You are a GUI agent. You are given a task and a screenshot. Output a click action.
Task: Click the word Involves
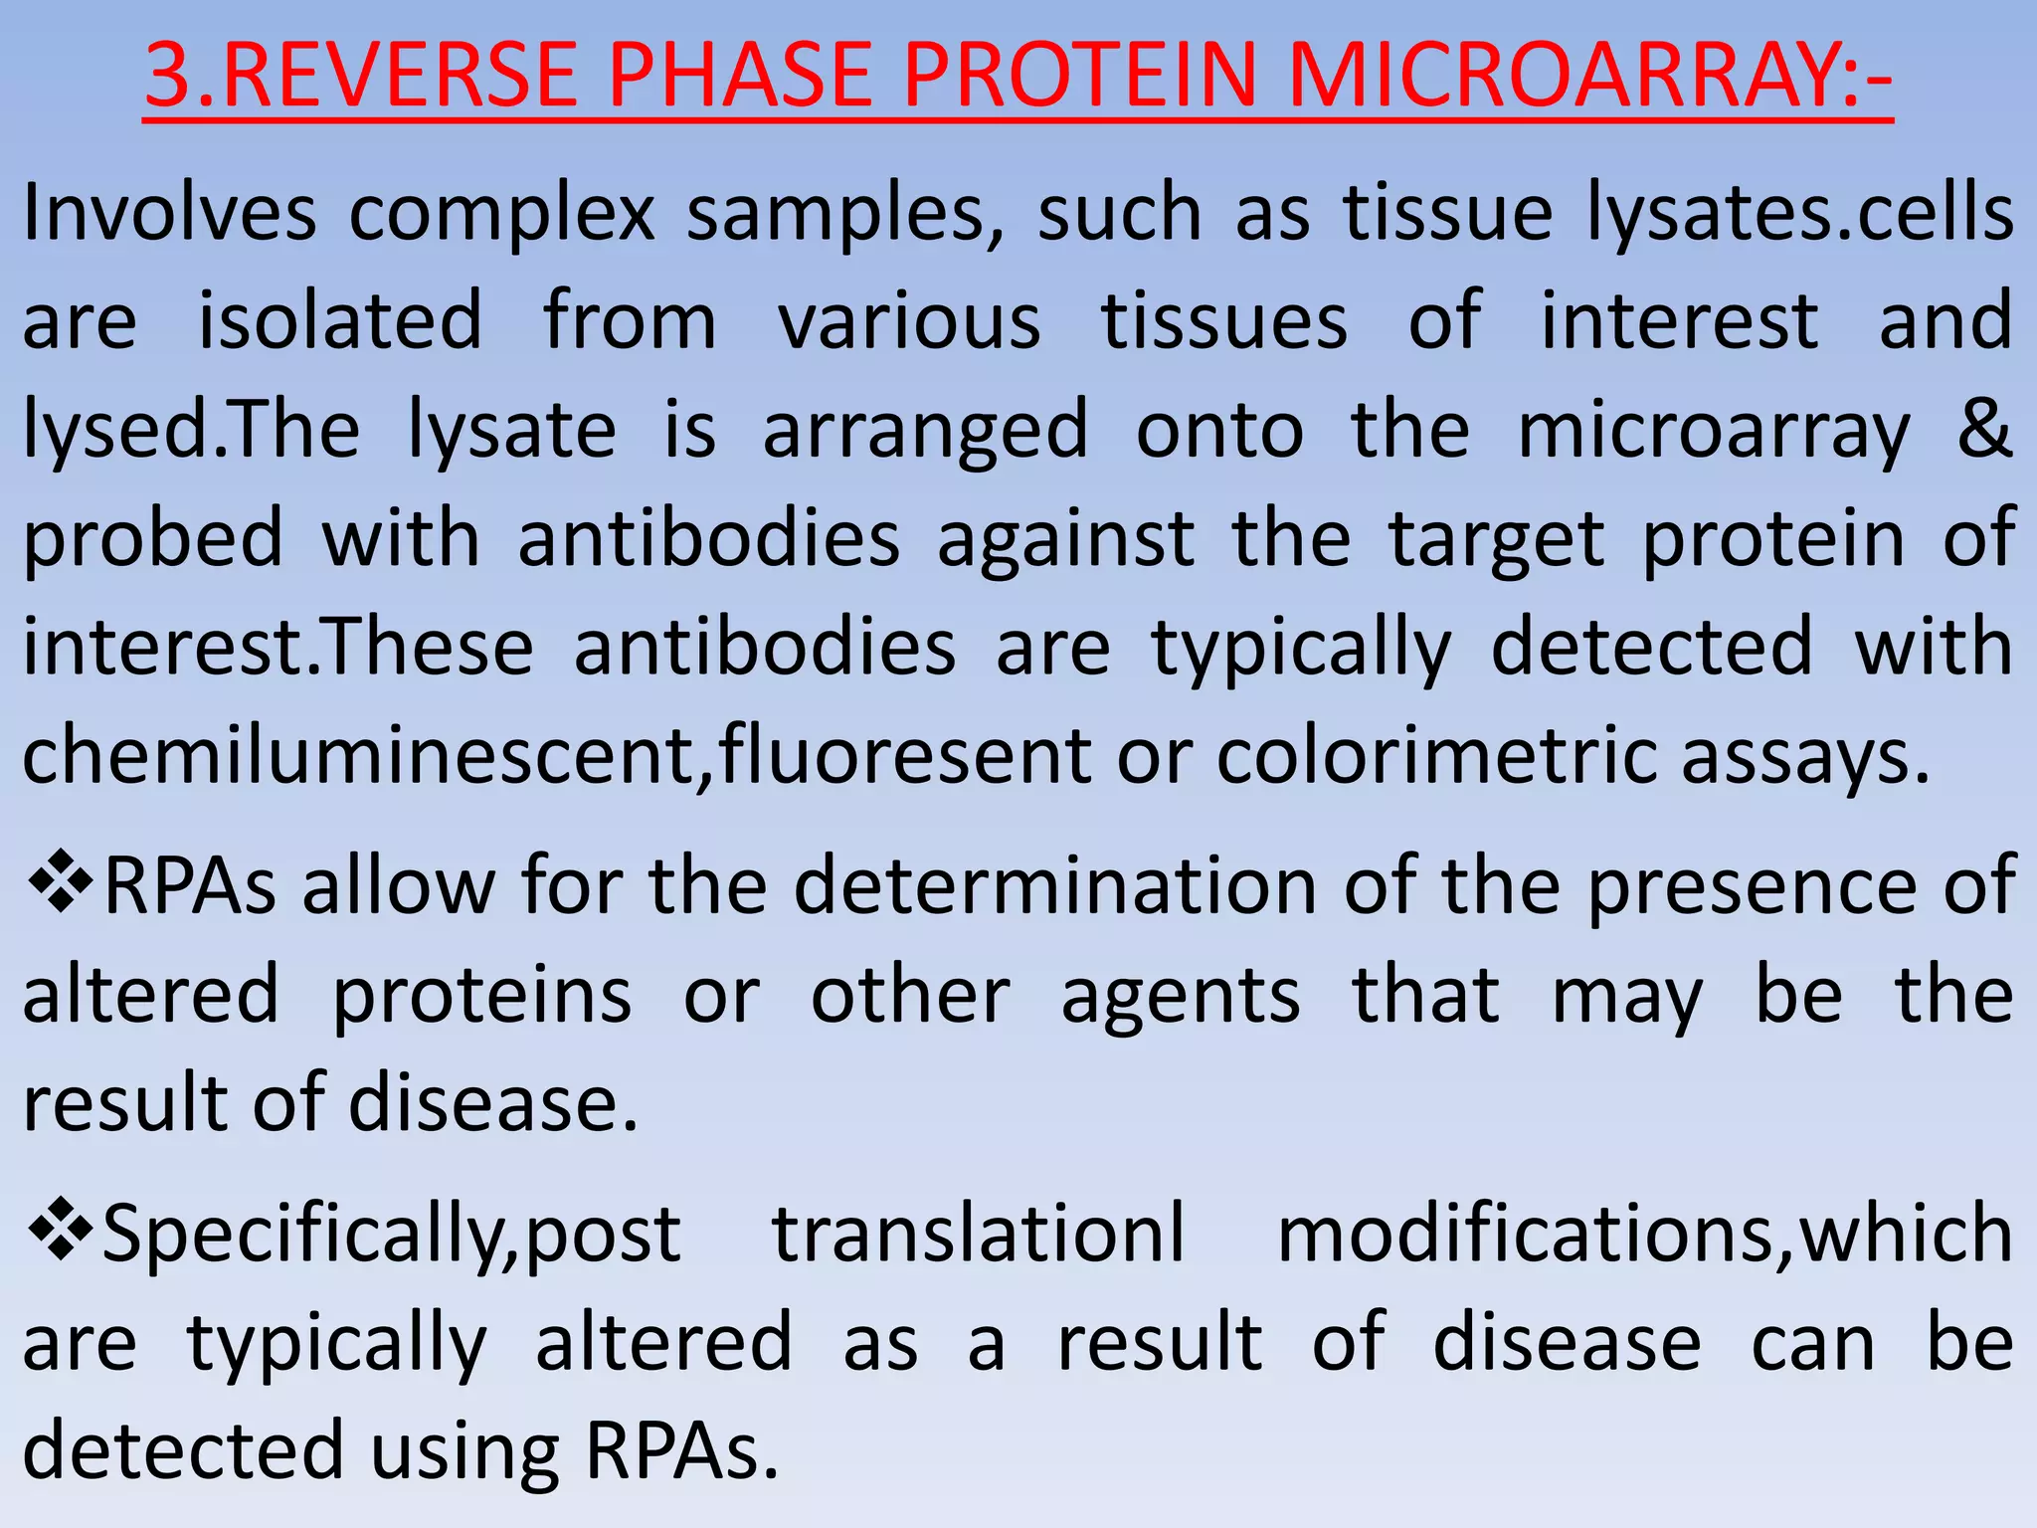pyautogui.click(x=169, y=212)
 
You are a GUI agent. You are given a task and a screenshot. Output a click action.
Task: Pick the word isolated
pyautogui.click(x=340, y=320)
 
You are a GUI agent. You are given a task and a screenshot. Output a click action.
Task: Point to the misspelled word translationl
pyautogui.click(x=979, y=1234)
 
